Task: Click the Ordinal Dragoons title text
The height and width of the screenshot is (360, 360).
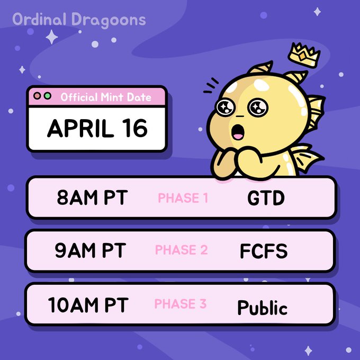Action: pos(79,20)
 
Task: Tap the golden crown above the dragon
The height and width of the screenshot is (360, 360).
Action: pos(305,53)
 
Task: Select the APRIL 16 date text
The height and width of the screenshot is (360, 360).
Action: pos(97,128)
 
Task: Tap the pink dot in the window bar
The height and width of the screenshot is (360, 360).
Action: pos(38,97)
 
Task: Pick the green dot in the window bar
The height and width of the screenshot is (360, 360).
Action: pos(48,97)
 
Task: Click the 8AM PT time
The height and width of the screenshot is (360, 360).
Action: pos(92,198)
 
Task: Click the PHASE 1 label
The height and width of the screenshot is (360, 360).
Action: pos(183,199)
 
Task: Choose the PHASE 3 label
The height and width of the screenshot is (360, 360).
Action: pos(180,304)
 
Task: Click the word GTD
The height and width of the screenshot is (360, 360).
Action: pos(266,199)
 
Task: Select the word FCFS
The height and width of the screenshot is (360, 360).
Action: pos(264,251)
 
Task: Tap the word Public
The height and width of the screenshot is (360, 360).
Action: pos(262,307)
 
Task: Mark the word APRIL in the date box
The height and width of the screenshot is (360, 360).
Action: pos(79,128)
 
